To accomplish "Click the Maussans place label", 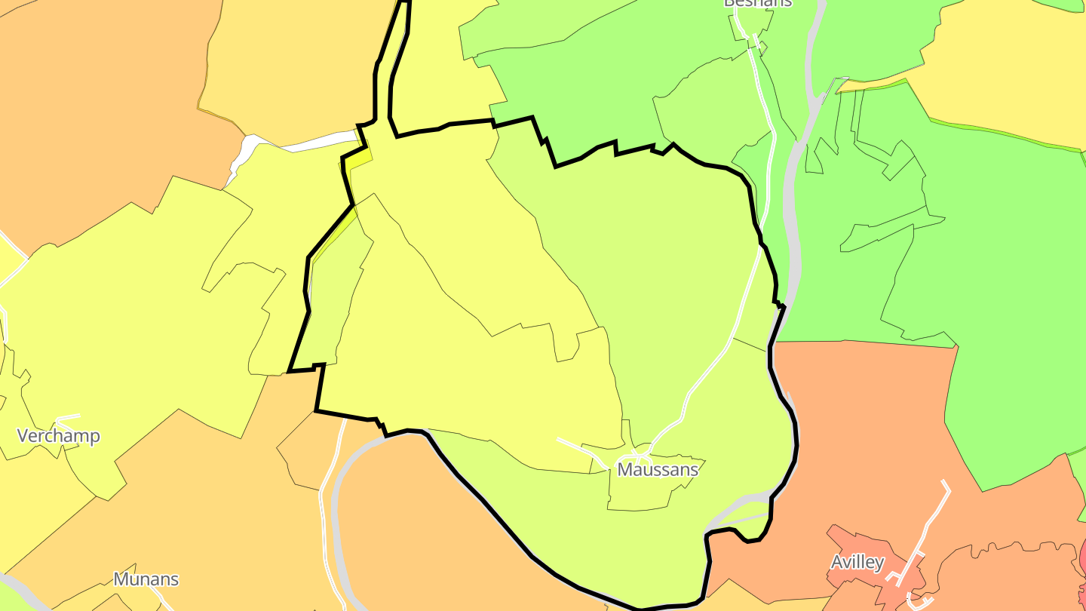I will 658,469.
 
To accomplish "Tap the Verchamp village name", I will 58,436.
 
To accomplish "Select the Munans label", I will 146,579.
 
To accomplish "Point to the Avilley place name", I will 857,562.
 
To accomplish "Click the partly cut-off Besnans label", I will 757,3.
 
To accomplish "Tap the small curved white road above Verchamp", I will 68,416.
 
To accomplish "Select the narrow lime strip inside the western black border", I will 332,302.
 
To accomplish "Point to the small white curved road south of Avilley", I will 916,600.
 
